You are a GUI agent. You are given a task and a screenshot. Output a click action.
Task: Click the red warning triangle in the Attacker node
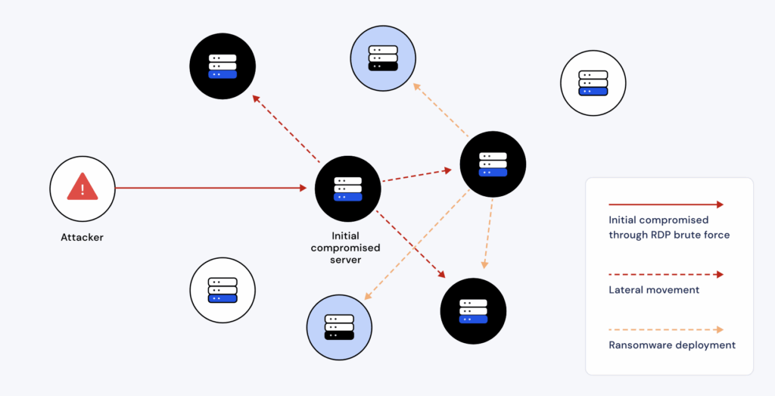(x=82, y=187)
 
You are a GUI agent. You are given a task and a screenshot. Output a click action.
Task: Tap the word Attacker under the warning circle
(x=82, y=237)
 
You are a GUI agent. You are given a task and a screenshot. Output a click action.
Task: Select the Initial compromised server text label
(x=345, y=248)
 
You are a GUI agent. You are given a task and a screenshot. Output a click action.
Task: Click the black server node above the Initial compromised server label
(x=347, y=189)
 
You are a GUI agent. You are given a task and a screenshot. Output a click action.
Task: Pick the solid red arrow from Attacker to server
(x=212, y=188)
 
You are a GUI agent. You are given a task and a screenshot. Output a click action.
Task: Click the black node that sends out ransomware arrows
(x=493, y=164)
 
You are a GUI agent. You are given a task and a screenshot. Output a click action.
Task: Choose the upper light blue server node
(x=383, y=58)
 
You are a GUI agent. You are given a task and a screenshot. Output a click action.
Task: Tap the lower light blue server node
(x=339, y=327)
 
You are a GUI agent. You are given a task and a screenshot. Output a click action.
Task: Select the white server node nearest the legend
(x=593, y=83)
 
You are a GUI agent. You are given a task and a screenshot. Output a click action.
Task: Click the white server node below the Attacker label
(x=223, y=290)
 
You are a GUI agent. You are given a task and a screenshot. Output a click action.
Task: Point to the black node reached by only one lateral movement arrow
(x=223, y=66)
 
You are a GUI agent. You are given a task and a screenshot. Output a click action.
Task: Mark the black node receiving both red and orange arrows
(x=473, y=311)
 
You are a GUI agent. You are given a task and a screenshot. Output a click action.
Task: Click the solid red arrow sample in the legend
(x=665, y=204)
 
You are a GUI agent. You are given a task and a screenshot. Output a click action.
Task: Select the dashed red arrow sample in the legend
(x=665, y=274)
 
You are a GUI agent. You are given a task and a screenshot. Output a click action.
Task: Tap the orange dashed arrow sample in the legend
(x=665, y=329)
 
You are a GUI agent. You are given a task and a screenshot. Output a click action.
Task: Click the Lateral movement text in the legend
(x=654, y=289)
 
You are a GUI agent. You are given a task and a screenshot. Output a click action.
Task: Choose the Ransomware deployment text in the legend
(x=671, y=345)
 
